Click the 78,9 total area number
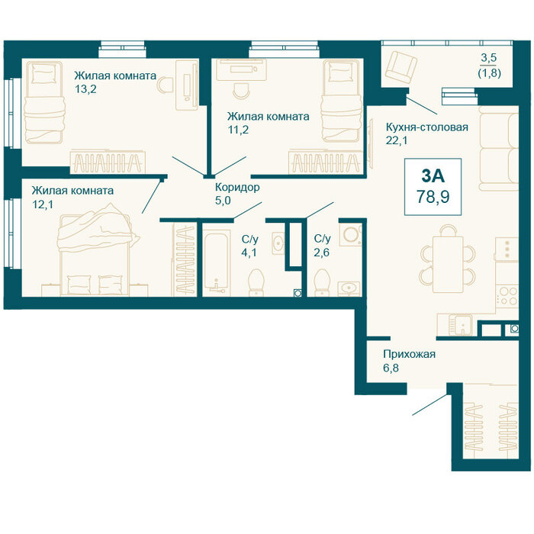point(433,197)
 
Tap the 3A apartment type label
point(433,176)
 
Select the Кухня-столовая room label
point(426,127)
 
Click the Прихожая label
point(409,354)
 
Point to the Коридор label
point(237,187)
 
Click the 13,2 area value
point(85,89)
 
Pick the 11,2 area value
point(238,130)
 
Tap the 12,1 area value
point(43,204)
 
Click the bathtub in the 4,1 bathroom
point(216,262)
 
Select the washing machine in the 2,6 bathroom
point(350,233)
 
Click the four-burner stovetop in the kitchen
point(507,295)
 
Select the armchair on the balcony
point(400,67)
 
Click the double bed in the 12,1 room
point(95,249)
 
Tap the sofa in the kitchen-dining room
point(499,148)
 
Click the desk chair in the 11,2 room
point(242,90)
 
